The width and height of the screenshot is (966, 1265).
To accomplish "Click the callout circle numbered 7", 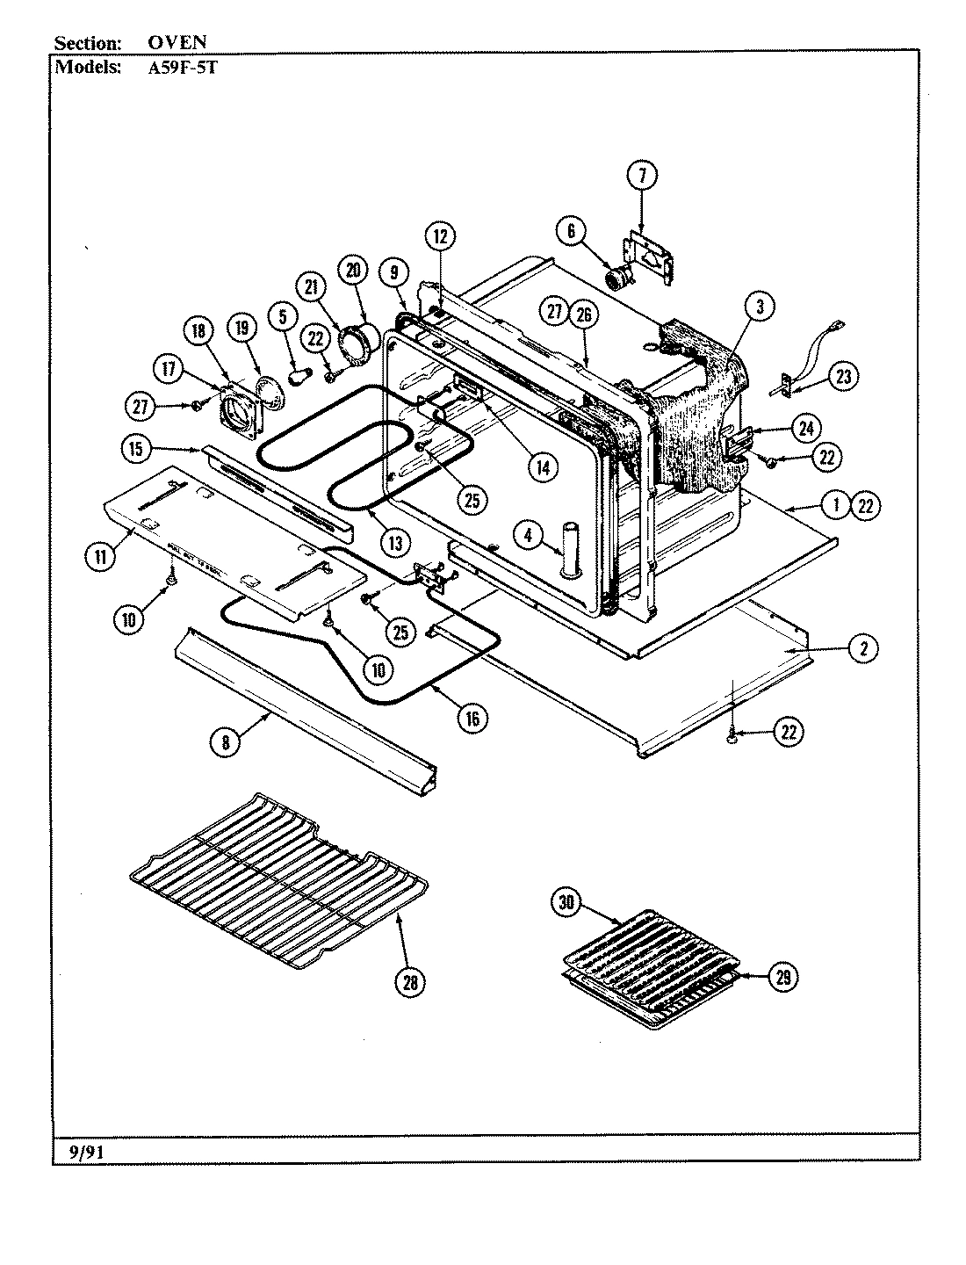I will point(642,176).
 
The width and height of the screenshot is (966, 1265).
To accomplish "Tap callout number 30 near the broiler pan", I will point(566,903).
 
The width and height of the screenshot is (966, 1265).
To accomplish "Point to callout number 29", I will point(781,976).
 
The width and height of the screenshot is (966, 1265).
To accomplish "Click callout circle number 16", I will point(472,718).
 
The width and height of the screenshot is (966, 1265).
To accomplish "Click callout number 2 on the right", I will point(863,648).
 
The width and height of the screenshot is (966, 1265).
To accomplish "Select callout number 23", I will point(843,377).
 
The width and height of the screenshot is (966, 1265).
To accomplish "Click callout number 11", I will point(102,554).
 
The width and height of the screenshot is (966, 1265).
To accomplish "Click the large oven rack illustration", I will point(281,878).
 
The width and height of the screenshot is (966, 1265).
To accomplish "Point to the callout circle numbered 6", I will point(571,231).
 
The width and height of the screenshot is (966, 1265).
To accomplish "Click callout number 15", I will point(135,448).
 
